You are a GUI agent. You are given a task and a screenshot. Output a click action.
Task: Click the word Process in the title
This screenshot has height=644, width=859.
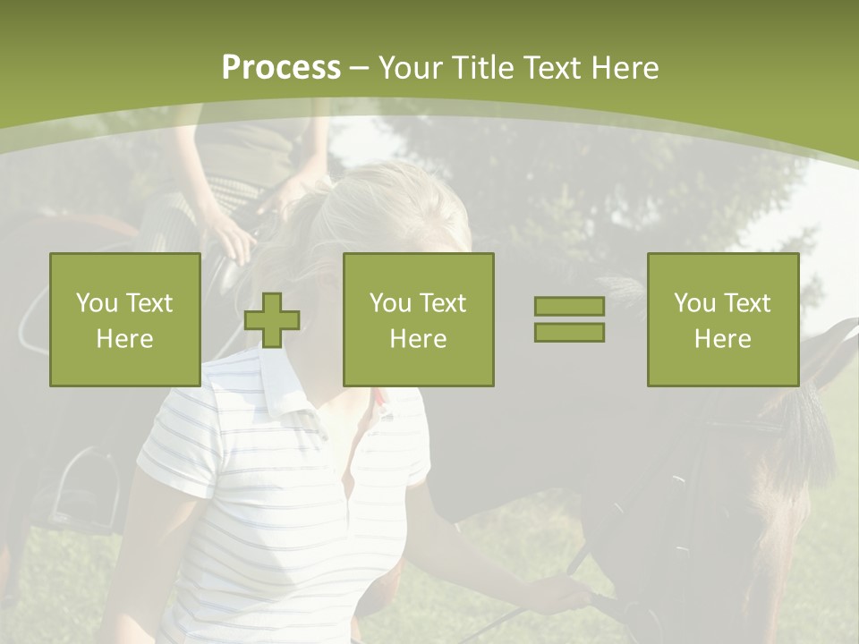click(x=281, y=68)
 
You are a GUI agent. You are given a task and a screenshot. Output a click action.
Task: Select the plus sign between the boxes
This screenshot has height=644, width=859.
click(x=272, y=320)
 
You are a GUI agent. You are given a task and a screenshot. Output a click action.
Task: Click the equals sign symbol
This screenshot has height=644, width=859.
click(x=569, y=319)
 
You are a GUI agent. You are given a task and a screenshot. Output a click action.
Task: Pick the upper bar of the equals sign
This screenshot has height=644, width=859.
click(x=569, y=307)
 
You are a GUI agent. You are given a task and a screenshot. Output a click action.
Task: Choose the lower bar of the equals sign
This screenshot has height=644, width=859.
click(x=569, y=332)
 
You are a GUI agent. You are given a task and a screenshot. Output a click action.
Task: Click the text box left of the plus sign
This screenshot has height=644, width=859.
click(x=125, y=319)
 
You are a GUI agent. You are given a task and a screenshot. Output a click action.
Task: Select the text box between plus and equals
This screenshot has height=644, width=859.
click(x=419, y=319)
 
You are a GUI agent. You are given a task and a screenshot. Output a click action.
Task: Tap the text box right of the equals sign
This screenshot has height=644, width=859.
click(x=723, y=319)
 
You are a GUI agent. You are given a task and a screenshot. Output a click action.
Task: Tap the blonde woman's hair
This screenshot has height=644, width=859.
click(x=394, y=215)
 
